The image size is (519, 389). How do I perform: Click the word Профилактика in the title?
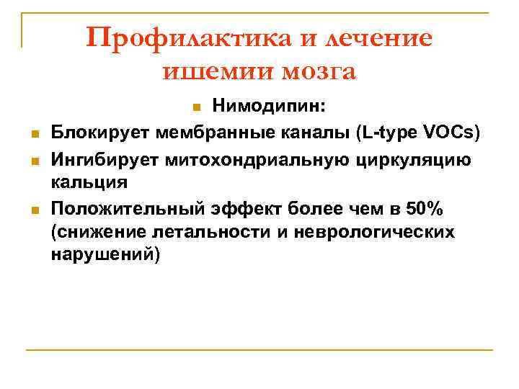(179, 37)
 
